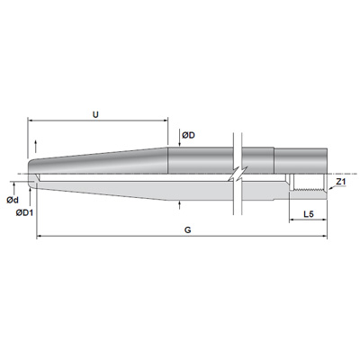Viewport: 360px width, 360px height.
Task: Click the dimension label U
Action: tap(95, 114)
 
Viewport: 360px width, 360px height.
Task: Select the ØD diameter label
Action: tap(188, 136)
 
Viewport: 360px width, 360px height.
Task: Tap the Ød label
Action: tap(13, 200)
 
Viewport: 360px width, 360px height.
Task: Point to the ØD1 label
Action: tap(24, 212)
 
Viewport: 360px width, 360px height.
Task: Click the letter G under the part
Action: tap(188, 230)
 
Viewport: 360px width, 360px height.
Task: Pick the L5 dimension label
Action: tap(309, 214)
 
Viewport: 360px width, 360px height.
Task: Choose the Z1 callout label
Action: tap(341, 181)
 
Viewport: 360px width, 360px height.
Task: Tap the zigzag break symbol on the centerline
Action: tap(238, 174)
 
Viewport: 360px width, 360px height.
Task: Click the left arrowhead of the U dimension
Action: tap(30, 121)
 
